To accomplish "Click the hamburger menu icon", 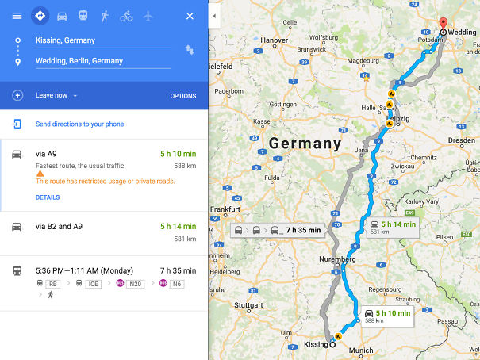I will click(17, 16).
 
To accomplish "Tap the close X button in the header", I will click(190, 16).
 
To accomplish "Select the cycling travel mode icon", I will click(126, 16).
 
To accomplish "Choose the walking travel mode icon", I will click(105, 16).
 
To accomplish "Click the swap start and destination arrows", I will click(190, 50).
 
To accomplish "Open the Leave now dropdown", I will click(56, 96).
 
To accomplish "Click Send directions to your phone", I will click(79, 124).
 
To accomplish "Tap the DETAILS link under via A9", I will click(48, 197).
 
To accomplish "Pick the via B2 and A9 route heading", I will click(59, 227).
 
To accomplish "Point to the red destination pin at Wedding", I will click(443, 24).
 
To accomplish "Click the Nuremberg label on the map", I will click(336, 259).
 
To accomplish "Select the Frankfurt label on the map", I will click(225, 209).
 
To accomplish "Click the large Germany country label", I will click(305, 144).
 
